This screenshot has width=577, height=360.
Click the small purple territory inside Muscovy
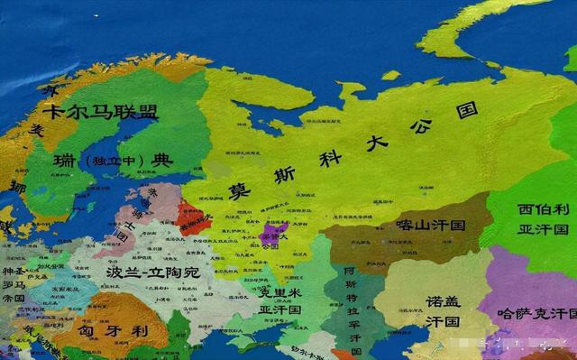coord(270,236)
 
